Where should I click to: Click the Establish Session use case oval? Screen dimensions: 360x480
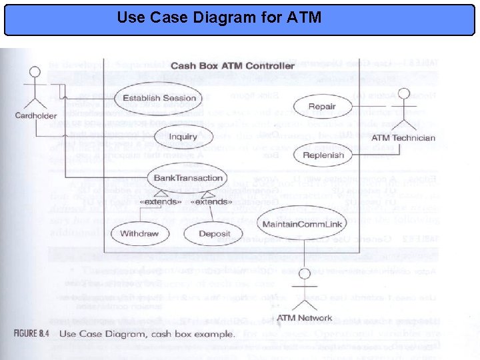[159, 98]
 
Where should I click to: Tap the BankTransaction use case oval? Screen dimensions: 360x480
[188, 178]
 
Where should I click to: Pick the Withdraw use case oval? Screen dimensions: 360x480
[139, 233]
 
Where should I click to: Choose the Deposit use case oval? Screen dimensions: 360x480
[215, 233]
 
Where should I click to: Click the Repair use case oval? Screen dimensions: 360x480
[323, 106]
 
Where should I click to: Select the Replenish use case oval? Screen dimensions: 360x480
[323, 155]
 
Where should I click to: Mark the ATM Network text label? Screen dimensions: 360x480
[304, 318]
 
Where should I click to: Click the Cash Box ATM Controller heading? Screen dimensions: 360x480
[233, 65]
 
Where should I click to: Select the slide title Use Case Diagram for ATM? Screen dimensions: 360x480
[219, 16]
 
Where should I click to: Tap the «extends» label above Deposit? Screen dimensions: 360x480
[212, 201]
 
